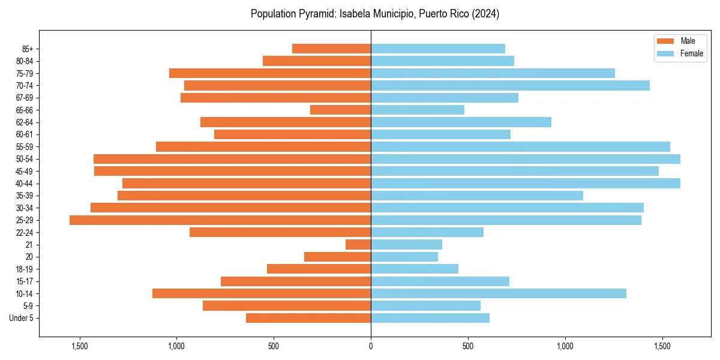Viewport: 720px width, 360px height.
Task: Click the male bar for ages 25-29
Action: click(x=220, y=220)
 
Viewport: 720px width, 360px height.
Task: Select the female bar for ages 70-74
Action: click(x=510, y=86)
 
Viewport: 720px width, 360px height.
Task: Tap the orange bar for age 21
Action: click(x=358, y=245)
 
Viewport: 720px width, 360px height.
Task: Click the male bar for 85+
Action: click(x=331, y=49)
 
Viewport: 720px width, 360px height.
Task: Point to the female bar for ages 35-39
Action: click(x=477, y=196)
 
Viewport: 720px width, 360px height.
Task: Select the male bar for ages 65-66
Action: click(x=340, y=110)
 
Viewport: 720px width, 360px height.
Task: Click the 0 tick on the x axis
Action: click(x=371, y=346)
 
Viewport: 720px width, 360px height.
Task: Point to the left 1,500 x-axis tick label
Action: click(x=79, y=346)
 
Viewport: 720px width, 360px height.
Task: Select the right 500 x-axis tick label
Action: click(x=468, y=346)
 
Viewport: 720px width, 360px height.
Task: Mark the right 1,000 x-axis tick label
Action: click(x=565, y=346)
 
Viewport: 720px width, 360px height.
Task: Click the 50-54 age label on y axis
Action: click(x=25, y=159)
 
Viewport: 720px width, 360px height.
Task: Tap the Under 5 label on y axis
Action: click(x=21, y=318)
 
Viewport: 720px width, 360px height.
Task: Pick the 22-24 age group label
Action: click(x=25, y=233)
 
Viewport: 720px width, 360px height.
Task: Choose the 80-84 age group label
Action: click(x=25, y=61)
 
